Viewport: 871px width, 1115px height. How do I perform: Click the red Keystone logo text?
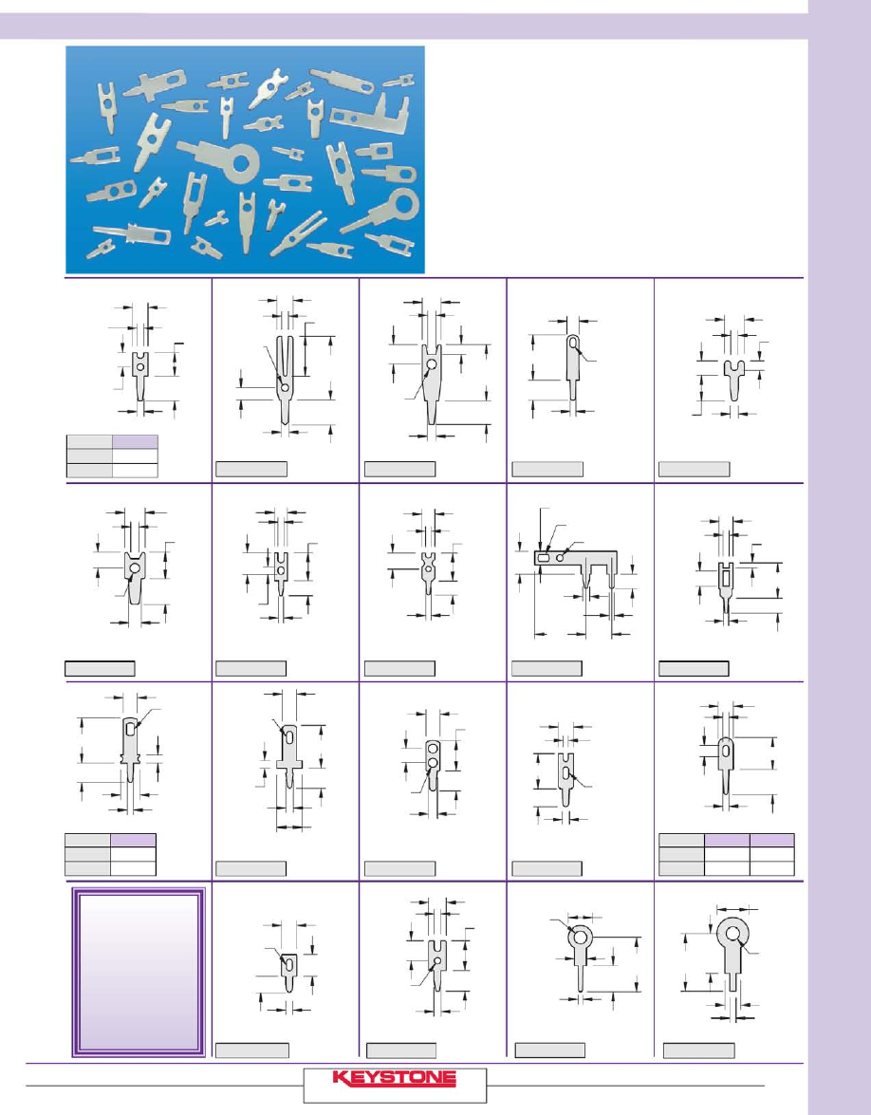(394, 1079)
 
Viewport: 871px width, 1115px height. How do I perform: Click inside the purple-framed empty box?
(139, 972)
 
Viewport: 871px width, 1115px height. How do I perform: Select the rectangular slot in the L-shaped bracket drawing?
(544, 559)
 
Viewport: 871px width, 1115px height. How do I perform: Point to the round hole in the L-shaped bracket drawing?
(561, 558)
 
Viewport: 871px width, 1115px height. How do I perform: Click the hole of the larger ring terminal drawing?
(732, 932)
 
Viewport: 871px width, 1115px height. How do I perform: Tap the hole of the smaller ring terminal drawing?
(580, 937)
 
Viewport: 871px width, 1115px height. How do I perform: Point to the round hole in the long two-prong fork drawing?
(285, 387)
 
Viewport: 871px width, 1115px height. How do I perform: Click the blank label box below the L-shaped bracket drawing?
(547, 668)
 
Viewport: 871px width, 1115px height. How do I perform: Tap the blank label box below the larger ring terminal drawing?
(699, 1050)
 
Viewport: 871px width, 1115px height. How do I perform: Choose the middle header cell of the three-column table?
(727, 840)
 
